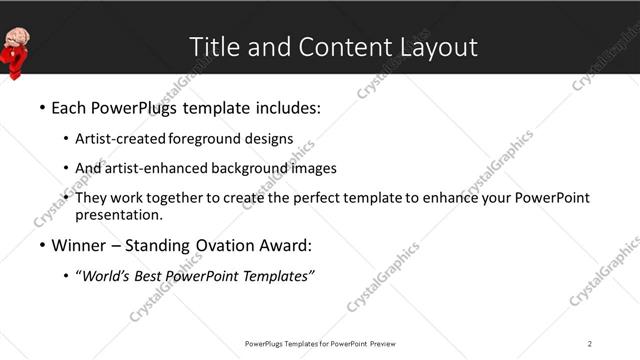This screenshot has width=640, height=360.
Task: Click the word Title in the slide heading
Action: pos(213,47)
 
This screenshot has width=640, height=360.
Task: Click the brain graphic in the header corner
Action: pos(17,38)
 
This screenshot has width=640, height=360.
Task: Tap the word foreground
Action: pos(205,139)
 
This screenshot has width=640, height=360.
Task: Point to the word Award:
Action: pos(283,246)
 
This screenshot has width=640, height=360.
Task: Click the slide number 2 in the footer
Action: pos(590,343)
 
